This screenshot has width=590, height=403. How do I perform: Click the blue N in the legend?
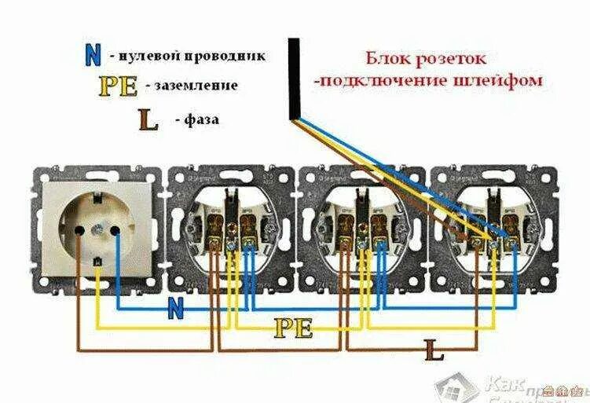point(93,54)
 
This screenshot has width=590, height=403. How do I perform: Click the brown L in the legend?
point(148,119)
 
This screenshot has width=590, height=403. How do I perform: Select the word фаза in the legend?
point(202,120)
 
